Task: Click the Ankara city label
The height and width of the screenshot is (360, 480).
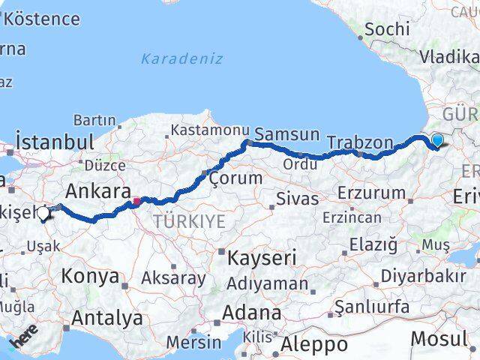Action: click(99, 190)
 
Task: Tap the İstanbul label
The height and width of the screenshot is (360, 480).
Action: click(55, 142)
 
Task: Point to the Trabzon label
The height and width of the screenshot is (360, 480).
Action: click(360, 142)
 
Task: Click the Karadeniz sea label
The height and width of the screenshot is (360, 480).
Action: click(181, 58)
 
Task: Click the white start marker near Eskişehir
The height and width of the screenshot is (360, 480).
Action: click(43, 214)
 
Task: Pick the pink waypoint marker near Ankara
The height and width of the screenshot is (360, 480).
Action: click(136, 201)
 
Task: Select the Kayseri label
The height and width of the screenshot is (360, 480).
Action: click(262, 257)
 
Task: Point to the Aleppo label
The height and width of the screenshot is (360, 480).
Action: click(314, 344)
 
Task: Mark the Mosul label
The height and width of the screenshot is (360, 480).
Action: click(439, 338)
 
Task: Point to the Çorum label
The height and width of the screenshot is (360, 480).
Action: click(235, 178)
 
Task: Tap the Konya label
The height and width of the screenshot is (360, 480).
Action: click(90, 276)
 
